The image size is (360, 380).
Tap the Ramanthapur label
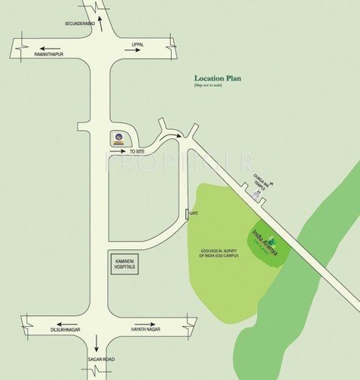48,55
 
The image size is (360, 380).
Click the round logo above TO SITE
118,138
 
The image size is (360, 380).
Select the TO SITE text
137,152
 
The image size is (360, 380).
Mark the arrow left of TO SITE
118,151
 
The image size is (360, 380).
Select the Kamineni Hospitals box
125,262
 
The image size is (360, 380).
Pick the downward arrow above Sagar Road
96,343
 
